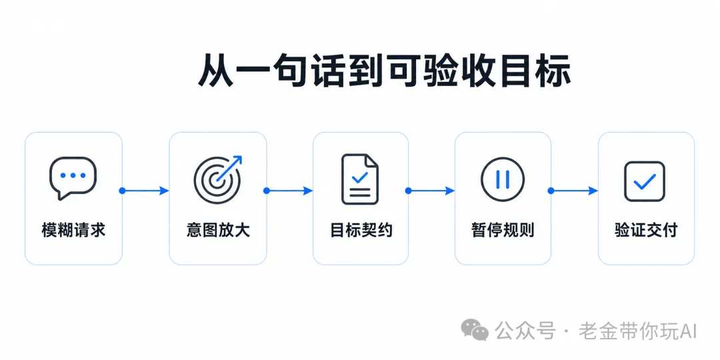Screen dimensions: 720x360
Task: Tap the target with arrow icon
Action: [x=217, y=179]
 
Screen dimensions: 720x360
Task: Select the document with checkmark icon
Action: [x=360, y=179]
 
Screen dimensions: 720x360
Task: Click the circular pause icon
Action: [x=503, y=179]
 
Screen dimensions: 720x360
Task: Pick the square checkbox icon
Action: [x=645, y=181]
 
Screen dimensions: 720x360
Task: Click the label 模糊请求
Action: [x=73, y=229]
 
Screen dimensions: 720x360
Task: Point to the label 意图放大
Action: [x=218, y=229]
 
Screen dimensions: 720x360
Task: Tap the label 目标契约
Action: [x=361, y=229]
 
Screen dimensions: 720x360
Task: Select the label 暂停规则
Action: [x=503, y=229]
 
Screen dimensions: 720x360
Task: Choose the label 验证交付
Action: [x=646, y=229]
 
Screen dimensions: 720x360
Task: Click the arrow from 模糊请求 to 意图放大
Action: [x=145, y=191]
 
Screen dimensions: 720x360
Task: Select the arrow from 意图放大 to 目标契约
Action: [x=289, y=191]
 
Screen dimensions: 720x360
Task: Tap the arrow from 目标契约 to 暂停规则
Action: [x=431, y=191]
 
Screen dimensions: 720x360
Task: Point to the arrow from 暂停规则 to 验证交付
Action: [x=574, y=191]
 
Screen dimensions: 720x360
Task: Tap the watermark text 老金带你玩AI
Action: [x=638, y=331]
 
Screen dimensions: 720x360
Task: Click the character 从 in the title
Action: [x=216, y=71]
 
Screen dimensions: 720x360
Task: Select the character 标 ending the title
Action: [x=553, y=71]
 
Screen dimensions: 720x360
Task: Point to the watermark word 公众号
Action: [x=525, y=331]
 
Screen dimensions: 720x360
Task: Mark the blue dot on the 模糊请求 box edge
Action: [x=122, y=191]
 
